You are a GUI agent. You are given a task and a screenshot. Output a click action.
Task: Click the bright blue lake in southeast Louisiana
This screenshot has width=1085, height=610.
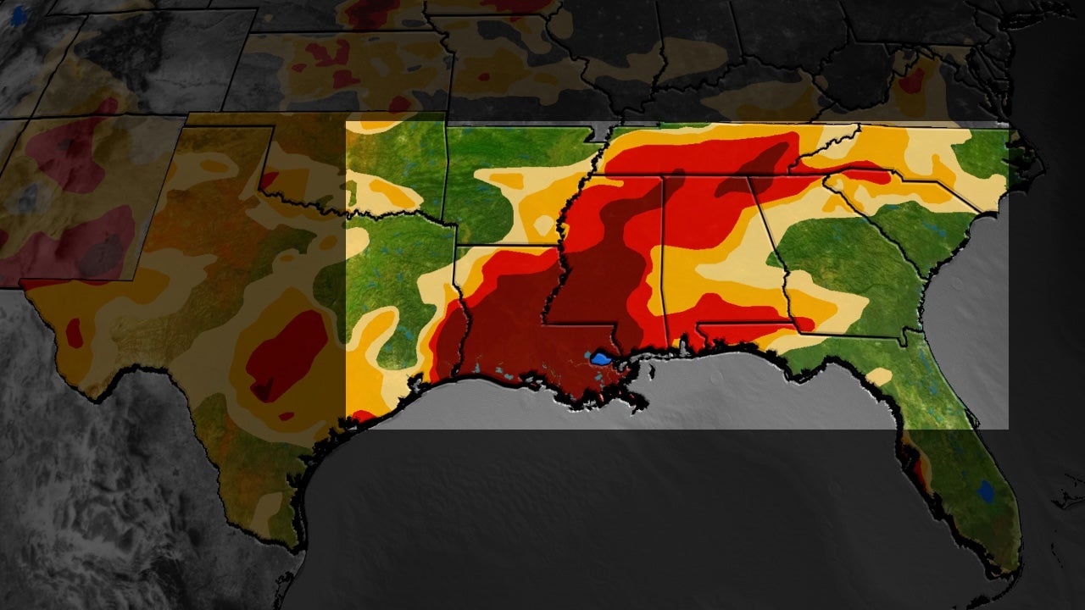(601, 358)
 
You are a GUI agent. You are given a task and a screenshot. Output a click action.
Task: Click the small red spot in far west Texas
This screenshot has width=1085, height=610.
(75, 333)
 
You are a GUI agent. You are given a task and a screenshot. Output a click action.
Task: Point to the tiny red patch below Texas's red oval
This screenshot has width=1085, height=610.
(287, 416)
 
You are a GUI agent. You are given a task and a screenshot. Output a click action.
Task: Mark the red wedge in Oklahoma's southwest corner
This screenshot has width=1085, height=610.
(269, 180)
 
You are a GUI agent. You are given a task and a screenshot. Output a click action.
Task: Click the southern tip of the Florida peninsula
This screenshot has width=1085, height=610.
(1009, 569)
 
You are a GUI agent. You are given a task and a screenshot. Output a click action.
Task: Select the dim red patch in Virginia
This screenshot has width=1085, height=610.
(912, 81)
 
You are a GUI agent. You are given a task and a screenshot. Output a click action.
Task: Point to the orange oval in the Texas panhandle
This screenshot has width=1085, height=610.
(215, 166)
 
